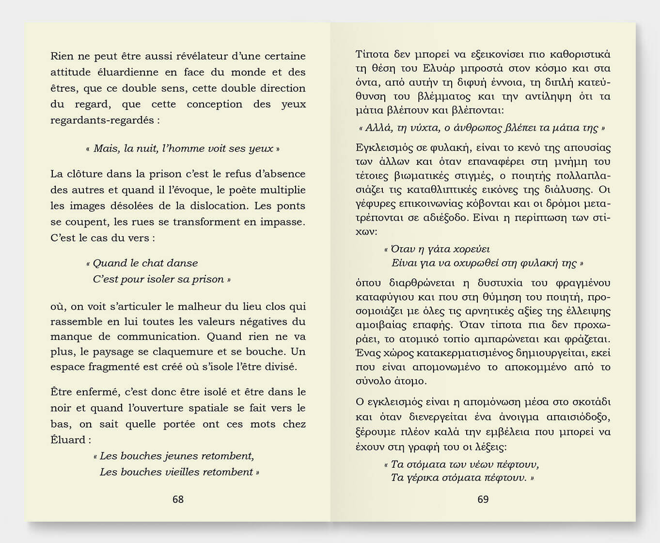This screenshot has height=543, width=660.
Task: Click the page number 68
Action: (178, 499)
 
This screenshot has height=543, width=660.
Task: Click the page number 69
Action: (483, 499)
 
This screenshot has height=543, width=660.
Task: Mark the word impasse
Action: (285, 222)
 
